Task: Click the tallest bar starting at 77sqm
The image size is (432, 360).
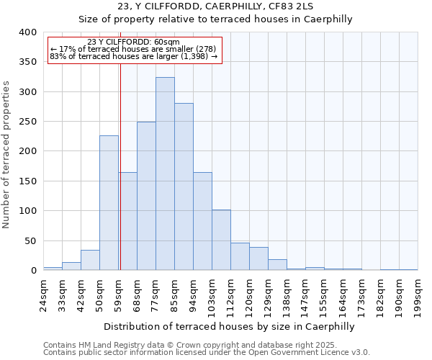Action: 165,174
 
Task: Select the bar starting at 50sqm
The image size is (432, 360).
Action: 109,202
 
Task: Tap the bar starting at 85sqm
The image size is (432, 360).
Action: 184,186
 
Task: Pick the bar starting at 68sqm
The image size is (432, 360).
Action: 146,196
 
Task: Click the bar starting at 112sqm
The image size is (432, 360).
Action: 240,256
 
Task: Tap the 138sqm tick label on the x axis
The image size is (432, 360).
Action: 287,296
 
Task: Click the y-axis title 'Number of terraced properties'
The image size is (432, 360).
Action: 7,154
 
